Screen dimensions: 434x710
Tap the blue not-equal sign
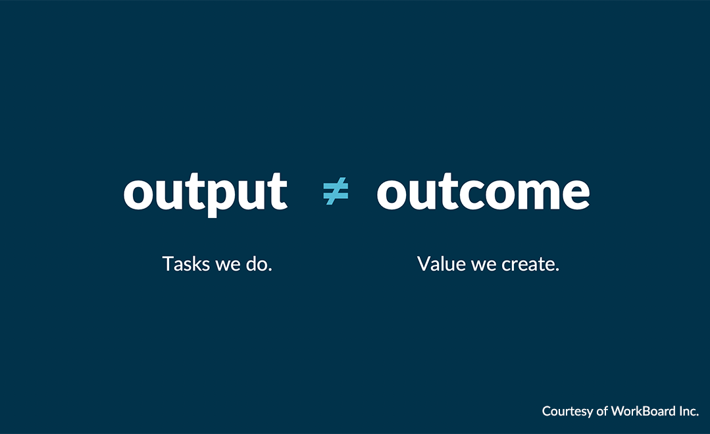pos(336,192)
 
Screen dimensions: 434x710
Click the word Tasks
pos(186,265)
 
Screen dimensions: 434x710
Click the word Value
pos(442,265)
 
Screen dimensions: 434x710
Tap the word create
pos(530,265)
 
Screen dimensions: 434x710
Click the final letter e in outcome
pos(574,193)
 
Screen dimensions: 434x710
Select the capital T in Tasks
pos(167,265)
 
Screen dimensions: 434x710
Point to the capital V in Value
pos(424,265)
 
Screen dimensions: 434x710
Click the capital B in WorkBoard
pos(645,411)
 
